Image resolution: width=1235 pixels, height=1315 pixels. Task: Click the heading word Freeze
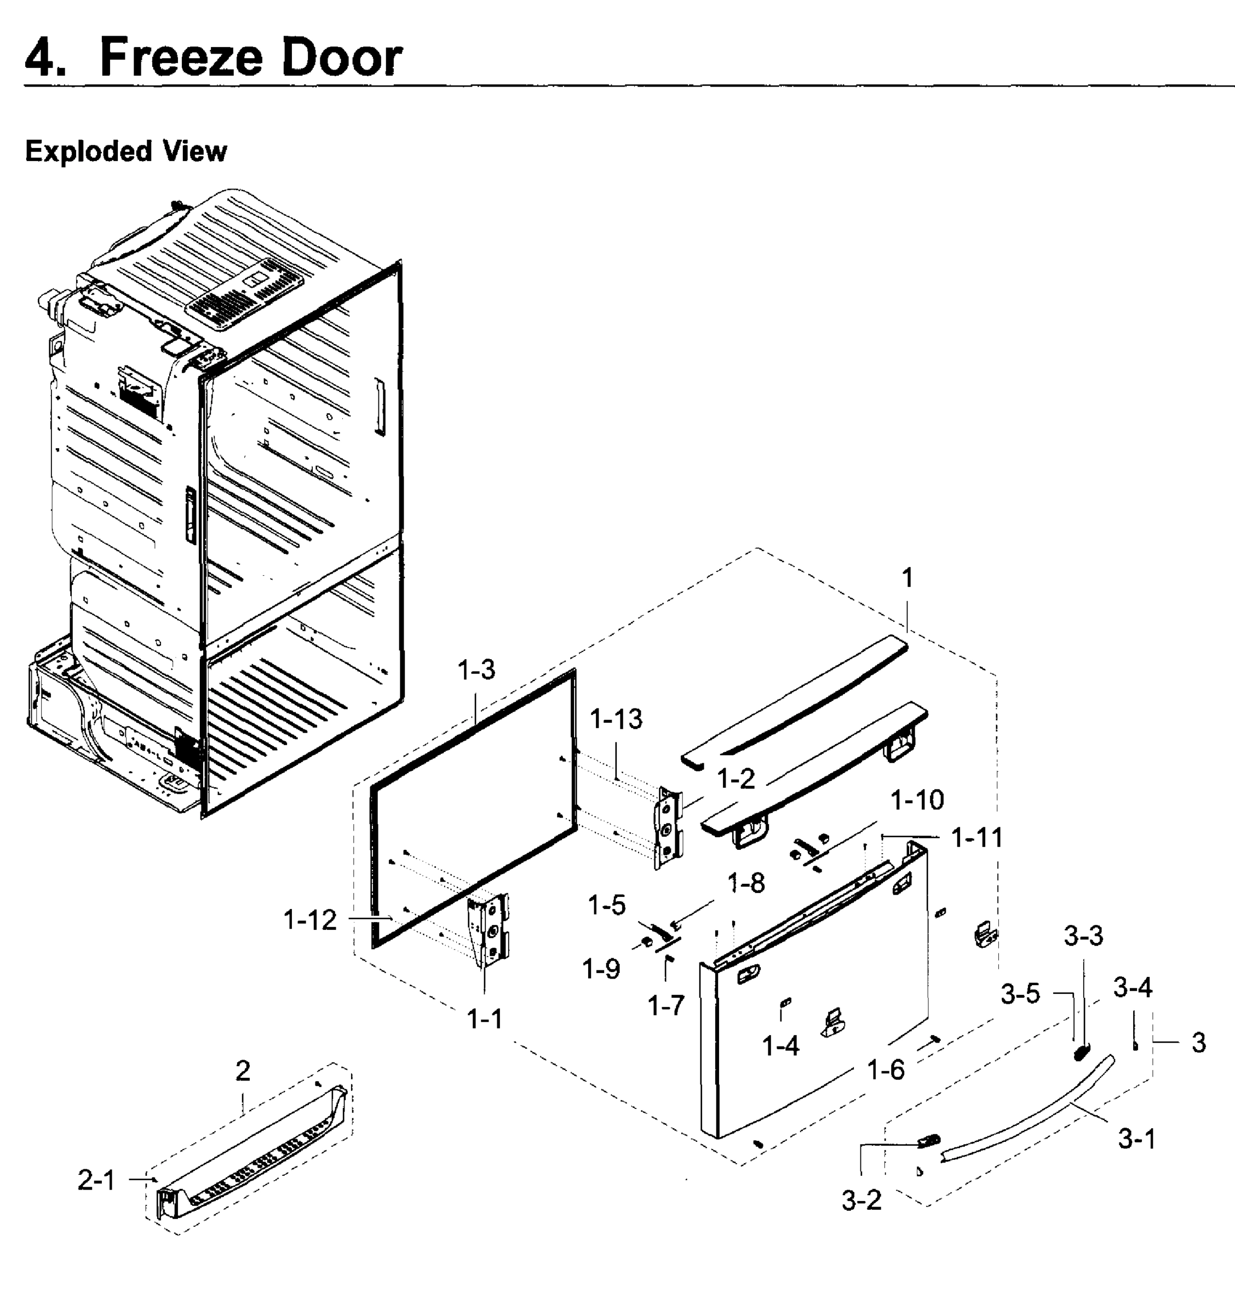[181, 58]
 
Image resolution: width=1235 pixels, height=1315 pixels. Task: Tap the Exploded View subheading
[125, 151]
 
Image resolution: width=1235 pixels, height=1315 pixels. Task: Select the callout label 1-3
[476, 670]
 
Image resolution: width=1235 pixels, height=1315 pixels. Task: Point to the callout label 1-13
[616, 719]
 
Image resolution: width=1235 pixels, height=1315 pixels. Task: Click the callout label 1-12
[309, 919]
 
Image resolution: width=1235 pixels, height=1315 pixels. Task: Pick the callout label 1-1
[485, 1019]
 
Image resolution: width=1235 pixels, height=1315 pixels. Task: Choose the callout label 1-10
[917, 801]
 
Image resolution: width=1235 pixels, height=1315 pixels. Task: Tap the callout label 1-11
[976, 838]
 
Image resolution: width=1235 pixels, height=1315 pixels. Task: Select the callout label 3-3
[1083, 935]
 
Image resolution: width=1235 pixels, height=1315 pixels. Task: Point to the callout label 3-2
[861, 1200]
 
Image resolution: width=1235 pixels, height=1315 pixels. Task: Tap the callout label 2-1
[96, 1180]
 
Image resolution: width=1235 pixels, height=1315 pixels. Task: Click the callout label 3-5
[1020, 993]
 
